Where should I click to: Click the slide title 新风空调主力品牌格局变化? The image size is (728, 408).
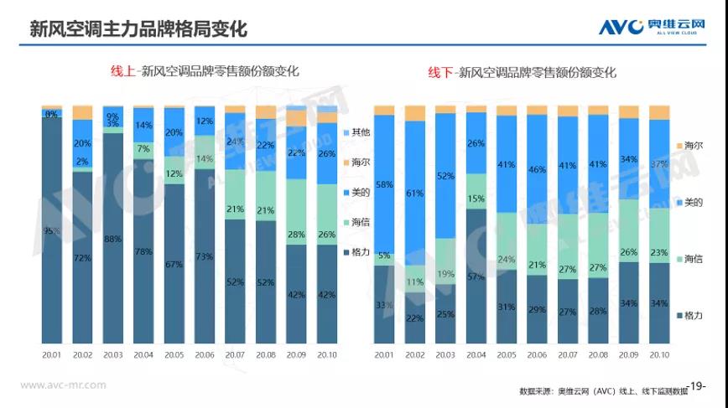tap(138, 29)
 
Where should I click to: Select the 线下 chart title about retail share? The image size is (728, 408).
tap(523, 72)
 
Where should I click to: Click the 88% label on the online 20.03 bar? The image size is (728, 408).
tap(113, 239)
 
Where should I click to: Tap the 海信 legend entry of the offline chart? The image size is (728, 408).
tap(689, 259)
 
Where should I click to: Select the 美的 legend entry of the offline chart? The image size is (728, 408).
tap(689, 202)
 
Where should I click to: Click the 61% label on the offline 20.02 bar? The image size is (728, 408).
tap(415, 193)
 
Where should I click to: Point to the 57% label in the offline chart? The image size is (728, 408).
tap(476, 276)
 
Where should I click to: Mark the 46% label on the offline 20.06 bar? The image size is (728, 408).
tap(537, 169)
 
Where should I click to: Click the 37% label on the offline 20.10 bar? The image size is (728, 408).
tap(659, 163)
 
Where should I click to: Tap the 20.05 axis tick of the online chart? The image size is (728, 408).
tap(174, 355)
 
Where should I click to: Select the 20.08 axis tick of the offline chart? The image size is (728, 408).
tap(598, 355)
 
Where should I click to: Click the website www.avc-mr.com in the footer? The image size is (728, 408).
tap(63, 385)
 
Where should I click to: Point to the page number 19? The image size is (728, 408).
tap(697, 385)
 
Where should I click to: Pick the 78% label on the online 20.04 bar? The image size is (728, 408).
tap(143, 251)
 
